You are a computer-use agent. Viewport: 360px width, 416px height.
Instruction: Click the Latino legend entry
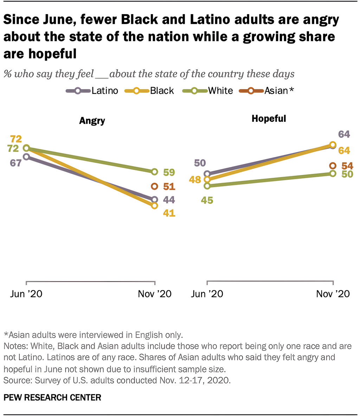point(92,91)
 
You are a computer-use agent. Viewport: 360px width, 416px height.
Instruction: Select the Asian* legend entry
point(266,91)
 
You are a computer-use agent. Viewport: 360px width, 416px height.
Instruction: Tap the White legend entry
point(208,91)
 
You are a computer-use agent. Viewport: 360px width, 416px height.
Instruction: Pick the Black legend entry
point(150,91)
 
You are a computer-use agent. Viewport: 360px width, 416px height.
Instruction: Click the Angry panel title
point(92,121)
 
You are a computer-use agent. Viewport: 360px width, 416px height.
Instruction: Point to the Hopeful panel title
point(269,119)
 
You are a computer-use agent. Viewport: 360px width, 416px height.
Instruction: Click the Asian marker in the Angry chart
point(154,186)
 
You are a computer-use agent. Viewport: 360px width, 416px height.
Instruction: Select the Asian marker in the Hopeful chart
point(333,166)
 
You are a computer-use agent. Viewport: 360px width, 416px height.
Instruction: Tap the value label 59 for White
point(169,172)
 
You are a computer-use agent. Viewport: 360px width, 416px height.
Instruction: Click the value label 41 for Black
point(169,213)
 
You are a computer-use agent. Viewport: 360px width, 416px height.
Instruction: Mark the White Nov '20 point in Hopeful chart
point(333,173)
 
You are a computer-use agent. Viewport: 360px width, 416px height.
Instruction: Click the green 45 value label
point(207,200)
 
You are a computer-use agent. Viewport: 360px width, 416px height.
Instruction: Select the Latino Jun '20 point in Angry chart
point(26,157)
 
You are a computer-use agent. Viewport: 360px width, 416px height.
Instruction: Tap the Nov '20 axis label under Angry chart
point(155,294)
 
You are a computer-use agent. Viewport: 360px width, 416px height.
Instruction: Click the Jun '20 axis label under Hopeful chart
point(207,294)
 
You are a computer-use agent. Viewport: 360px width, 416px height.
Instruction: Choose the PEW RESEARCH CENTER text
point(52,398)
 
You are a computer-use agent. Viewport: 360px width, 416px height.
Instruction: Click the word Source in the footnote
point(14,380)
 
